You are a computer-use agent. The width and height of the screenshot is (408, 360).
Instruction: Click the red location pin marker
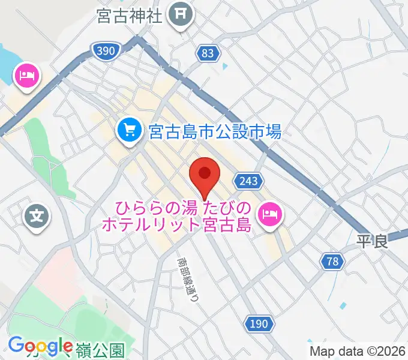205,175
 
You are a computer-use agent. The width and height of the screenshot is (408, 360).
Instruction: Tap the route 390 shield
104,52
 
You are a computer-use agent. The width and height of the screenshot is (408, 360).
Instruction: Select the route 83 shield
208,53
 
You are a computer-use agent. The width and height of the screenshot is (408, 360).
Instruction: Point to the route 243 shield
249,181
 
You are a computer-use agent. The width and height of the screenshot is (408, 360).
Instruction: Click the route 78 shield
332,261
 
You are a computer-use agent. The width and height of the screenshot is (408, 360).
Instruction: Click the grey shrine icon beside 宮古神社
180,12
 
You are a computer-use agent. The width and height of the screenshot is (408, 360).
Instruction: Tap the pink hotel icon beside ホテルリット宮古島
269,214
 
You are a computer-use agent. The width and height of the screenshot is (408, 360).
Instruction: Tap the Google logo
40,346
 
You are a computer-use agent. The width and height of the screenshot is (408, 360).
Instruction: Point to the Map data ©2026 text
356,350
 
